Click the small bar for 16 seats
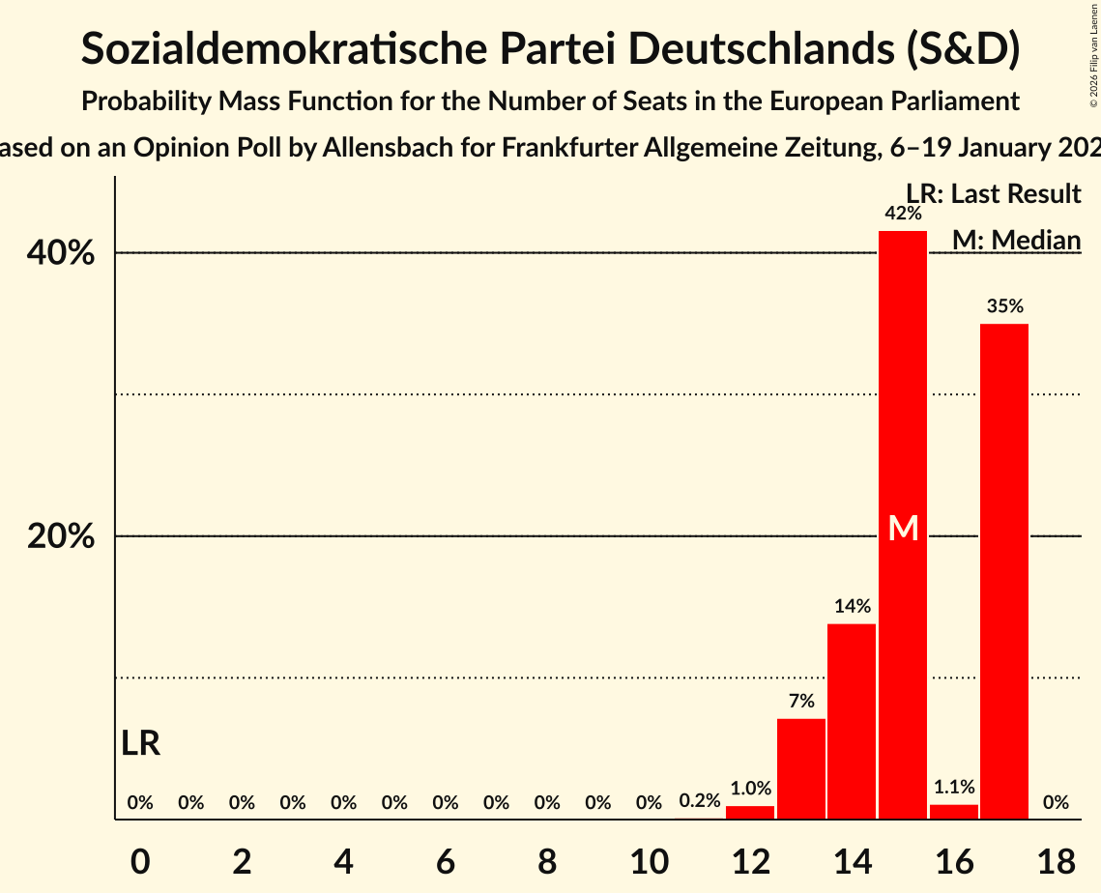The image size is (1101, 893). (x=954, y=812)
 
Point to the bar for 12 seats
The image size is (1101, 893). (x=750, y=812)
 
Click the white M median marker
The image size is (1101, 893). (x=903, y=528)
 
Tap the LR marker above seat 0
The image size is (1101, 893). (x=141, y=743)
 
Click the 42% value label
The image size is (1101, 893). (x=903, y=213)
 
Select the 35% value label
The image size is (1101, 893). (x=1005, y=306)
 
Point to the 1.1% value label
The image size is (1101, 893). (x=954, y=788)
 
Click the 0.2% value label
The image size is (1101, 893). (x=700, y=801)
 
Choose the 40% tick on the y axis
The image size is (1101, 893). (x=60, y=253)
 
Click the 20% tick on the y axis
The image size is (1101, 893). (x=60, y=536)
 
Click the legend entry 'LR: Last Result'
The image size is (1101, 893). (x=994, y=194)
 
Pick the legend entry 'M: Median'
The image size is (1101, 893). (x=1016, y=240)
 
